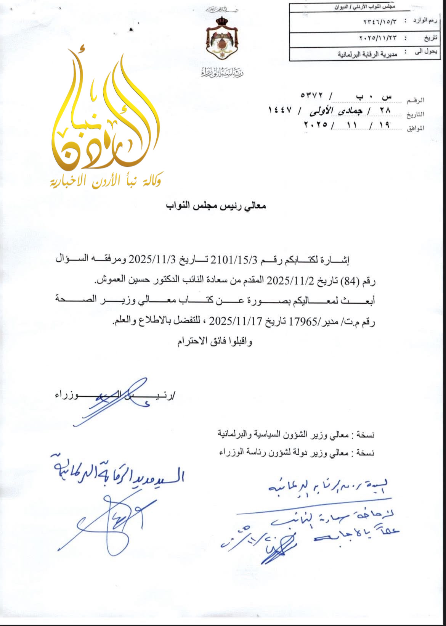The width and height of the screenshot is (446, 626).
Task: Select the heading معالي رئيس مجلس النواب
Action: pyautogui.click(x=216, y=206)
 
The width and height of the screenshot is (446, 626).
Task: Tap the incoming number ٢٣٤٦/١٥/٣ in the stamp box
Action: pyautogui.click(x=380, y=21)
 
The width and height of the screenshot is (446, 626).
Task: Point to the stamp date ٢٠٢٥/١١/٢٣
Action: pyautogui.click(x=378, y=38)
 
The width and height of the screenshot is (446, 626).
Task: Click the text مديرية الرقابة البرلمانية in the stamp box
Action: pyautogui.click(x=367, y=54)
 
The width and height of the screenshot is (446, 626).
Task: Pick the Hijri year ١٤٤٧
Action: pyautogui.click(x=280, y=110)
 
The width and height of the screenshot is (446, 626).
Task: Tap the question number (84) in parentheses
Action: pyautogui.click(x=350, y=282)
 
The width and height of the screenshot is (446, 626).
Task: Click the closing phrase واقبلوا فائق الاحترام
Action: pyautogui.click(x=215, y=341)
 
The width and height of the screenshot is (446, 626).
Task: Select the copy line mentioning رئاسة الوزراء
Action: pyautogui.click(x=297, y=453)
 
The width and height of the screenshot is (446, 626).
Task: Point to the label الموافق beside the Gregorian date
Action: pyautogui.click(x=416, y=129)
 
